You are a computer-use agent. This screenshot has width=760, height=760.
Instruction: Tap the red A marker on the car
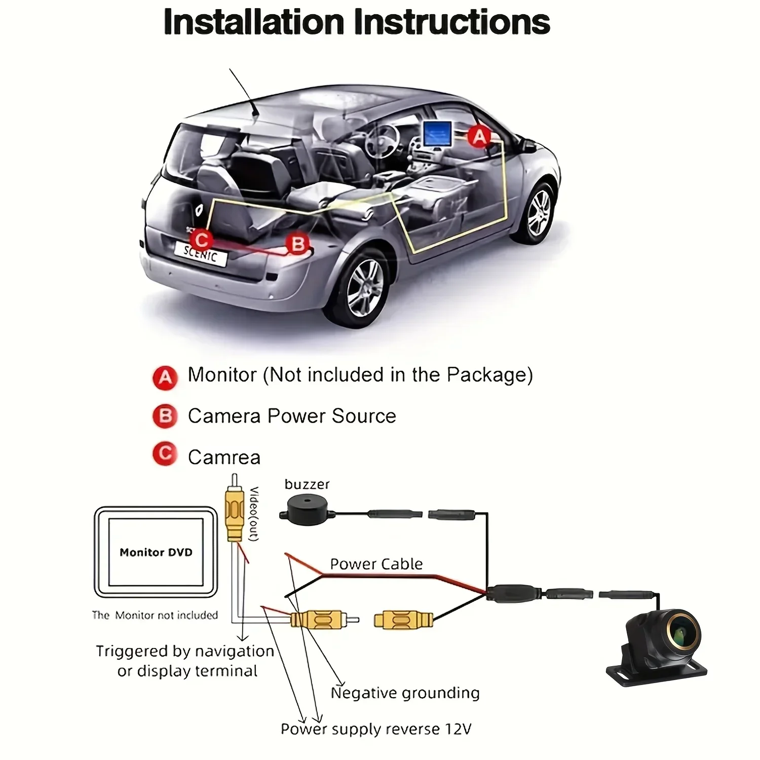click(479, 137)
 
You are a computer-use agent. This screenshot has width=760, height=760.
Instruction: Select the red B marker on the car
click(298, 244)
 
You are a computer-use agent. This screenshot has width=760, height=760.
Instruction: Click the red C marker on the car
click(201, 240)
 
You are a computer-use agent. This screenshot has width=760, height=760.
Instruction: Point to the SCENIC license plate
click(201, 252)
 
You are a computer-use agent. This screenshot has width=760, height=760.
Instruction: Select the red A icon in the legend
click(165, 377)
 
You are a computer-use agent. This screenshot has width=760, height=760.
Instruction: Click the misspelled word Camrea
click(224, 457)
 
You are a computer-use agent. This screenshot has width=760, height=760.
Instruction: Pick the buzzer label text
click(307, 484)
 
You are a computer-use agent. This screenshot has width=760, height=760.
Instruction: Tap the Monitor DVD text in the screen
click(156, 552)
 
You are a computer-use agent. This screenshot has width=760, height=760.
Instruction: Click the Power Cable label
click(376, 564)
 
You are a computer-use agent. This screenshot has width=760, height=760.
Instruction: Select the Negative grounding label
click(405, 693)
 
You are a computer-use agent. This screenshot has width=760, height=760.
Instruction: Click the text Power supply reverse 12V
click(376, 729)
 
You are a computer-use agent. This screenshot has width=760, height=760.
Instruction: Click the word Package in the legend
click(489, 375)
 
